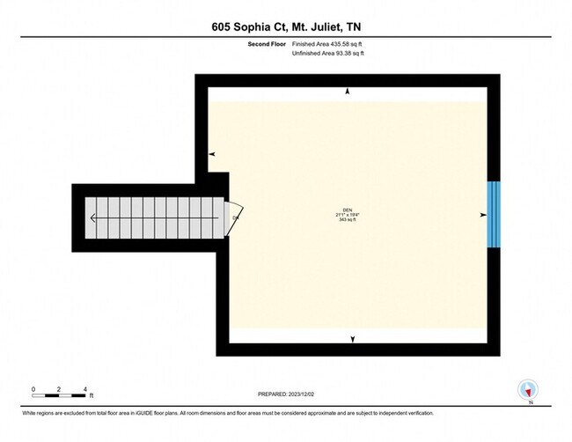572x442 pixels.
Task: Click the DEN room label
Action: [x=348, y=210]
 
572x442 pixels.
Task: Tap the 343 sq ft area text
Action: [x=348, y=220]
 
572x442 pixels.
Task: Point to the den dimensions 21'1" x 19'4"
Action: [x=348, y=215]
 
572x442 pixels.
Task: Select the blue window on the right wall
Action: [x=494, y=215]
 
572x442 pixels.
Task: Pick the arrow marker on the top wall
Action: [x=349, y=92]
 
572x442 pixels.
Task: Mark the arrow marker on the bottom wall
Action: [x=353, y=339]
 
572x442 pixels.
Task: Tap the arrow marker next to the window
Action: [x=482, y=215]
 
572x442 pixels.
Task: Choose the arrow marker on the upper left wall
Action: [x=211, y=155]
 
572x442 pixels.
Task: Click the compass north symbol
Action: [x=529, y=390]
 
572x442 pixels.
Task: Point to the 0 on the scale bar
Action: [x=33, y=388]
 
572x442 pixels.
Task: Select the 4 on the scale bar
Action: [x=84, y=388]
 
